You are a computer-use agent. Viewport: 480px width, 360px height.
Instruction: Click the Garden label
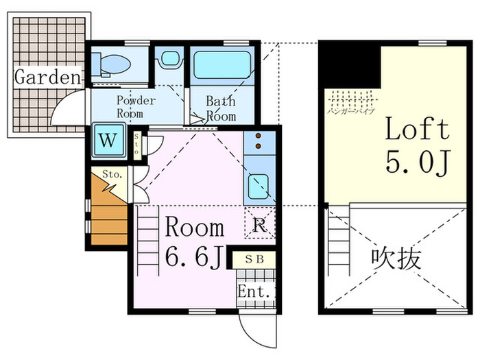click(47, 77)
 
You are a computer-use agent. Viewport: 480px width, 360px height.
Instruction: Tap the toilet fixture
click(114, 64)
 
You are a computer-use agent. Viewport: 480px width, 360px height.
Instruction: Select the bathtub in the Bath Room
click(221, 67)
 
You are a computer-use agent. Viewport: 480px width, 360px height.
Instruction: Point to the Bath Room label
click(221, 108)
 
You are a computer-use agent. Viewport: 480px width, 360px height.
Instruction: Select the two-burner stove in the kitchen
click(259, 141)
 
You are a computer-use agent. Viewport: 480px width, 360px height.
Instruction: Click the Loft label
click(416, 128)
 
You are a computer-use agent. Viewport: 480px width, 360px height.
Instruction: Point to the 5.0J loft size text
click(416, 163)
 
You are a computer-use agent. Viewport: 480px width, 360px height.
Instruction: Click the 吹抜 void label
click(396, 259)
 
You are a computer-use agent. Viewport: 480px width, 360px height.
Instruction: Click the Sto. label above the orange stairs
click(112, 174)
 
